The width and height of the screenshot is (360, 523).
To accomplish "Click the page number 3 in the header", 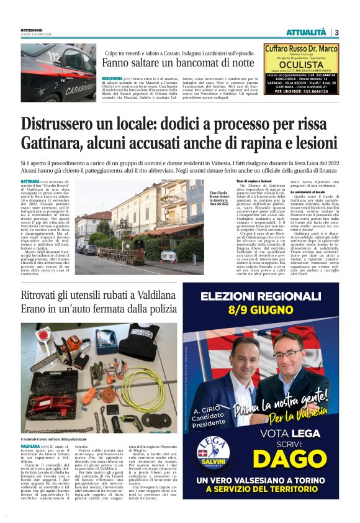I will [x=336, y=32].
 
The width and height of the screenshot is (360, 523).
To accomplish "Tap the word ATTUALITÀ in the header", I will [x=307, y=32].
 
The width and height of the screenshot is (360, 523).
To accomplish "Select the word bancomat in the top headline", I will [x=190, y=63].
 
